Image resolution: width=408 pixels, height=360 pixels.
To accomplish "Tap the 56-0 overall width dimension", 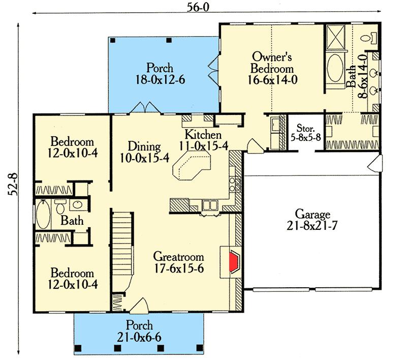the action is (x=198, y=8).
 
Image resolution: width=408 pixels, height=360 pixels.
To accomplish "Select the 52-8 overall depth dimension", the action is (x=13, y=185).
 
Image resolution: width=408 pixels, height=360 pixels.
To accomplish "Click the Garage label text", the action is (x=312, y=214).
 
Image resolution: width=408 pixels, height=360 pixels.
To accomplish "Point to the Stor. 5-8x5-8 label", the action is (x=306, y=133).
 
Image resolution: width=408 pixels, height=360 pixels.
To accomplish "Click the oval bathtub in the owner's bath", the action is (x=335, y=68).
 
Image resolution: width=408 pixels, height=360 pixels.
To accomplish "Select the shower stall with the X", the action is (x=335, y=37).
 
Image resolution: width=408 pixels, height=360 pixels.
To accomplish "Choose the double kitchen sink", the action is (x=210, y=205).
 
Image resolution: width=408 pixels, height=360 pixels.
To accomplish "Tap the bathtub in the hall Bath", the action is (x=43, y=214).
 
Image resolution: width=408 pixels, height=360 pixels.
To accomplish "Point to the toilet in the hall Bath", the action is (x=60, y=206).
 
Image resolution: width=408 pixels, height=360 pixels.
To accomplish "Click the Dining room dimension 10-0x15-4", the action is (x=145, y=158).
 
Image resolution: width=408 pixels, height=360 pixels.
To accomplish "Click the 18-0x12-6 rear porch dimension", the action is (x=160, y=80).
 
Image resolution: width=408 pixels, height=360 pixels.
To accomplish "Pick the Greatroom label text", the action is (x=178, y=256).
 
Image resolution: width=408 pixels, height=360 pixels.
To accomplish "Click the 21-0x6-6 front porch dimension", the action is (x=139, y=338).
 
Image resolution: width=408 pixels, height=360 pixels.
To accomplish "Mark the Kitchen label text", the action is (x=203, y=135).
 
